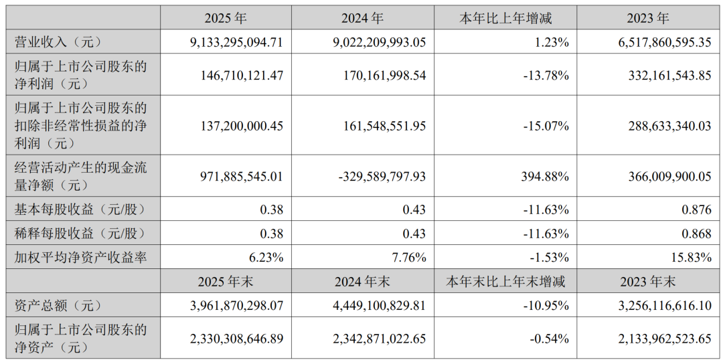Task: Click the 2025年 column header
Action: [x=226, y=19]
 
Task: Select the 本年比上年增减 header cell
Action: [x=505, y=19]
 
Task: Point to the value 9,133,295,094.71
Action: [x=236, y=43]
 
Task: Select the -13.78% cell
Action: [x=547, y=76]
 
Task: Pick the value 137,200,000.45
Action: [x=241, y=125]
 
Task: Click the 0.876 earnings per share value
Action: [x=698, y=209]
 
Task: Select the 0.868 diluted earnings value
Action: [x=698, y=234]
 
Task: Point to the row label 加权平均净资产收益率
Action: [x=81, y=258]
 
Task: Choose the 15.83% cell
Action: [x=692, y=258]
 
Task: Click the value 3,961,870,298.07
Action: [x=236, y=305]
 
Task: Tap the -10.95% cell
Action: [x=547, y=305]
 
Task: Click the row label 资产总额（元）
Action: [x=58, y=305]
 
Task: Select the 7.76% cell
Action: [x=408, y=258]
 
